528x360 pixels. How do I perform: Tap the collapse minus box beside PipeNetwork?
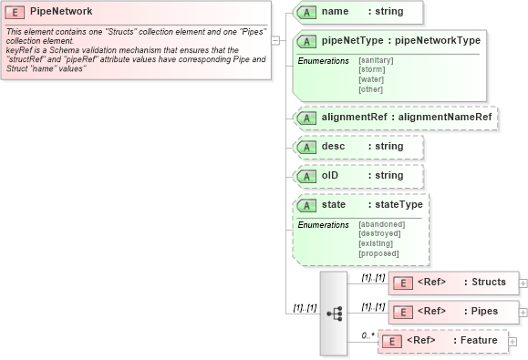click(x=275, y=40)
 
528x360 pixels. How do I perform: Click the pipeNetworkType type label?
click(x=437, y=40)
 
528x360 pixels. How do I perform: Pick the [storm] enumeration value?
click(x=371, y=69)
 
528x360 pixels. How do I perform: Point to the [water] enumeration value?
click(x=371, y=79)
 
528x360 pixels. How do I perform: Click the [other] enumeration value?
click(x=370, y=88)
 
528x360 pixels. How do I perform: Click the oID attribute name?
click(x=330, y=175)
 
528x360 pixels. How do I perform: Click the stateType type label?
click(x=399, y=204)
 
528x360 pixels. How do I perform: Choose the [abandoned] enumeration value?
click(x=381, y=224)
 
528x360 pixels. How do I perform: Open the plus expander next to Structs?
click(x=523, y=283)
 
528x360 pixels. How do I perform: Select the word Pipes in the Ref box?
click(x=484, y=312)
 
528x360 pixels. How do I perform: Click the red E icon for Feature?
click(x=391, y=341)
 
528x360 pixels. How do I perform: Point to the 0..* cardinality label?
click(x=368, y=335)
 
